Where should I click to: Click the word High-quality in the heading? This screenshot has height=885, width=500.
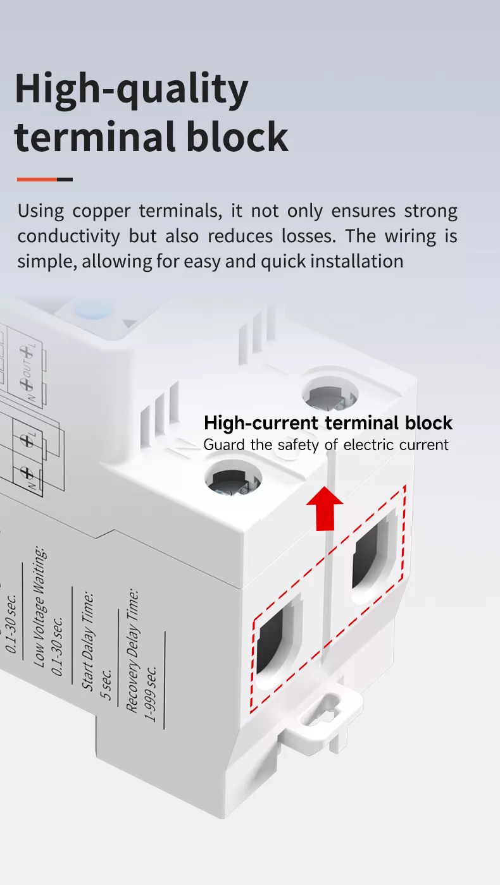[131, 90]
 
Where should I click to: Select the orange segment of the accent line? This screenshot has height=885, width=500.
[37, 180]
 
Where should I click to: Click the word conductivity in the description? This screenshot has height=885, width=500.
[68, 236]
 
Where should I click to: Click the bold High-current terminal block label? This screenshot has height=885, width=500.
[328, 423]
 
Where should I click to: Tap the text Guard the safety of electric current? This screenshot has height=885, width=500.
[325, 444]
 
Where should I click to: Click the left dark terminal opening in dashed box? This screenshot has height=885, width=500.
[277, 643]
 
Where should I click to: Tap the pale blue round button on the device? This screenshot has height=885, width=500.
[93, 310]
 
